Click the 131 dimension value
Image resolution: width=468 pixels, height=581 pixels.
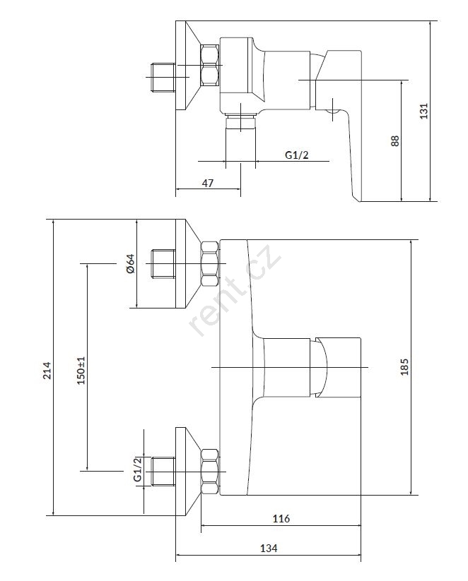[424, 111]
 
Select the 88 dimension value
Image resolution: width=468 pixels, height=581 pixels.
[395, 140]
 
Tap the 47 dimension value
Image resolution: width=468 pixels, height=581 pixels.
[208, 183]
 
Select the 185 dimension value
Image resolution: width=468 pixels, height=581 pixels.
[404, 367]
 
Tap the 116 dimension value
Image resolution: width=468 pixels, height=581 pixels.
[281, 519]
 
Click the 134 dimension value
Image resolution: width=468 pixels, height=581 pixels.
[268, 548]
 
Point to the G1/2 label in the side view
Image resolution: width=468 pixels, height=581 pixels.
[296, 155]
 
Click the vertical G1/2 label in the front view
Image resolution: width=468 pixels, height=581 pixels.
[137, 469]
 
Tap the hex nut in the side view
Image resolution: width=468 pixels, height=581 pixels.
[210, 64]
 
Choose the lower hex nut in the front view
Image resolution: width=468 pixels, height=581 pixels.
[210, 471]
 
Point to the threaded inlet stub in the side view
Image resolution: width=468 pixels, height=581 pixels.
[163, 76]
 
